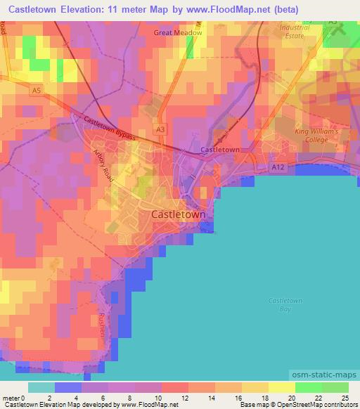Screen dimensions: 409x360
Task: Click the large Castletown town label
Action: (x=179, y=214)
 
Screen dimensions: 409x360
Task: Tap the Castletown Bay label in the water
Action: (x=285, y=305)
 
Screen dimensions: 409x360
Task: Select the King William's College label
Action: (x=316, y=136)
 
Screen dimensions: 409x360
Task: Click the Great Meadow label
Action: (x=178, y=32)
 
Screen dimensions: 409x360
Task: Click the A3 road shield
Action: (x=161, y=129)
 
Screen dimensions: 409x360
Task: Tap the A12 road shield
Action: (x=278, y=167)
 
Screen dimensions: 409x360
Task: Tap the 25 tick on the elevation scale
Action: (x=345, y=398)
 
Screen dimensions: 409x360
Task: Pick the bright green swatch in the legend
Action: (x=308, y=387)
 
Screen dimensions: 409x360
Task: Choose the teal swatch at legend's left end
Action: (x=41, y=387)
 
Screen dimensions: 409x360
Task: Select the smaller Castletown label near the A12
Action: (x=220, y=150)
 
